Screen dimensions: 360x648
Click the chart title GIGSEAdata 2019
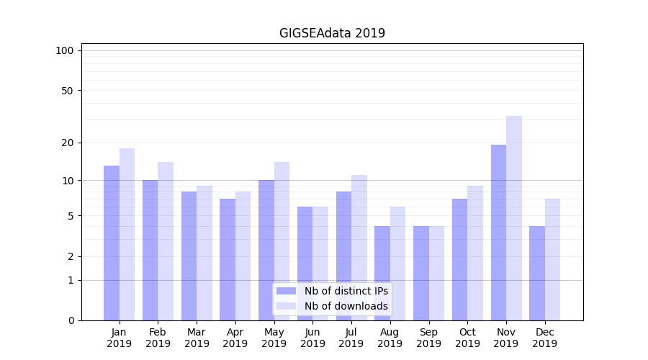point(332,33)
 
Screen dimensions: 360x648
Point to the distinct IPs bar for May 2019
point(266,250)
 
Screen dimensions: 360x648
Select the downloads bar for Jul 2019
point(359,248)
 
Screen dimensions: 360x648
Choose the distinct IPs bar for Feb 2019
point(150,250)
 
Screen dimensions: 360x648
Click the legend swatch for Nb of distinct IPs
point(286,291)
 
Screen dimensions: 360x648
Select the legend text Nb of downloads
point(346,306)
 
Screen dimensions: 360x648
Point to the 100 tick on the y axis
point(65,50)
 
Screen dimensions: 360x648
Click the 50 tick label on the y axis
point(67,91)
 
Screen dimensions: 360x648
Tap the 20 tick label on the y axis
point(67,143)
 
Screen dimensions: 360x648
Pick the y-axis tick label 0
point(71,320)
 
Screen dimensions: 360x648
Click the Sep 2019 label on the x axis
point(428,338)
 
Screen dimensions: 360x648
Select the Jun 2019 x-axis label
point(312,338)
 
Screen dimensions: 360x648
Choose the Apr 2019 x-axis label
point(235,338)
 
